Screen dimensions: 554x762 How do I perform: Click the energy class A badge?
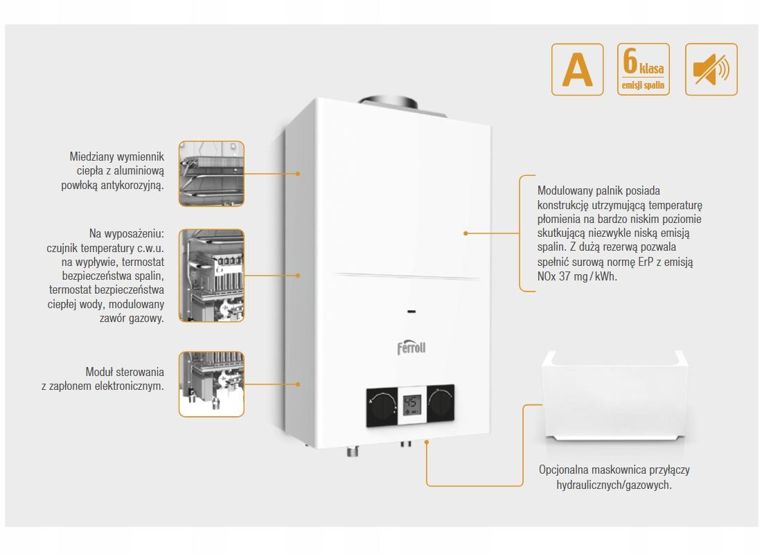point(577,69)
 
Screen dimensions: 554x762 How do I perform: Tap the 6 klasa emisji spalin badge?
point(644,69)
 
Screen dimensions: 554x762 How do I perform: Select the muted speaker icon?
point(711,69)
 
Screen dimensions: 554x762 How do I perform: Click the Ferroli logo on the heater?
point(411,346)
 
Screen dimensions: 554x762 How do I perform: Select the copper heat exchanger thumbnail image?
point(211,174)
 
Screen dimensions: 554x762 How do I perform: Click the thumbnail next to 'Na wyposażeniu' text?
point(211,276)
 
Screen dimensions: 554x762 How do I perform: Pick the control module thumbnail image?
point(211,384)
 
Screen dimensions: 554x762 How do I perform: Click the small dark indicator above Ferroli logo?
point(411,311)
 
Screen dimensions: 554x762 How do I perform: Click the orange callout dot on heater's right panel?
point(466,233)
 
